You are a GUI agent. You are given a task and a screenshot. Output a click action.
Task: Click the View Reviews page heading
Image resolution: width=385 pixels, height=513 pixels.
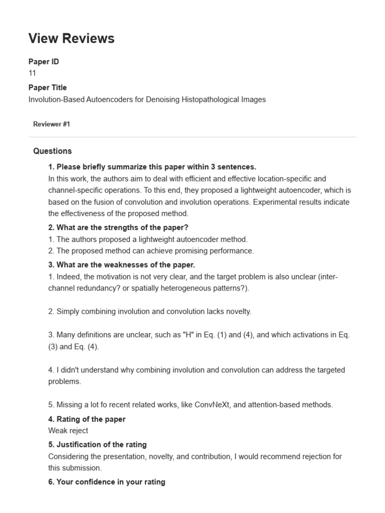pyautogui.click(x=71, y=38)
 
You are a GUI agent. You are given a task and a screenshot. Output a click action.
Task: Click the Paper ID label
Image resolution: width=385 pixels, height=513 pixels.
pyautogui.click(x=44, y=62)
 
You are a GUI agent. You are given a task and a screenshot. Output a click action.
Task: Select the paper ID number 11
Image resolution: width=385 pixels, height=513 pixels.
pyautogui.click(x=32, y=73)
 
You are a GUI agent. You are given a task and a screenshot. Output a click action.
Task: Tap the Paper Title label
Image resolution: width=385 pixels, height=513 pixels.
pyautogui.click(x=48, y=88)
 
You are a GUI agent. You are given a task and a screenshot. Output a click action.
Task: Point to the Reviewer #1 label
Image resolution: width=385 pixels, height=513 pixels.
pyautogui.click(x=52, y=124)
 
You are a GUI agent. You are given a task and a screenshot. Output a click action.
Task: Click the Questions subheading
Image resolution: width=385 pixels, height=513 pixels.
pyautogui.click(x=53, y=151)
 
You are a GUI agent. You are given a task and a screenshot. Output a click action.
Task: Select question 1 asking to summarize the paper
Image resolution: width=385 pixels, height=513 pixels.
pyautogui.click(x=152, y=167)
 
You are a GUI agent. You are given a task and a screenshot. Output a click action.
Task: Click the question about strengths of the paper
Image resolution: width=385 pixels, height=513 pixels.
pyautogui.click(x=118, y=227)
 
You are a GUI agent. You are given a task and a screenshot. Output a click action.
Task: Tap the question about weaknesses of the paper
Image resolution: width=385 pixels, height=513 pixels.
pyautogui.click(x=122, y=265)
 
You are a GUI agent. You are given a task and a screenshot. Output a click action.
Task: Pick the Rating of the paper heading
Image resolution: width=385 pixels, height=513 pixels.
pyautogui.click(x=87, y=419)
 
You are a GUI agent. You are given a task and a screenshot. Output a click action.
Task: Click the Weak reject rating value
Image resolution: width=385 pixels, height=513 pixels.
pyautogui.click(x=68, y=430)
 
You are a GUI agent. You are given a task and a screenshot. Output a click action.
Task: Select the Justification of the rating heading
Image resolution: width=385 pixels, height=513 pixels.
pyautogui.click(x=98, y=444)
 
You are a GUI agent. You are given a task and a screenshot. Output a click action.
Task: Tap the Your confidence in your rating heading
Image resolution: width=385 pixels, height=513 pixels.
pyautogui.click(x=107, y=482)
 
